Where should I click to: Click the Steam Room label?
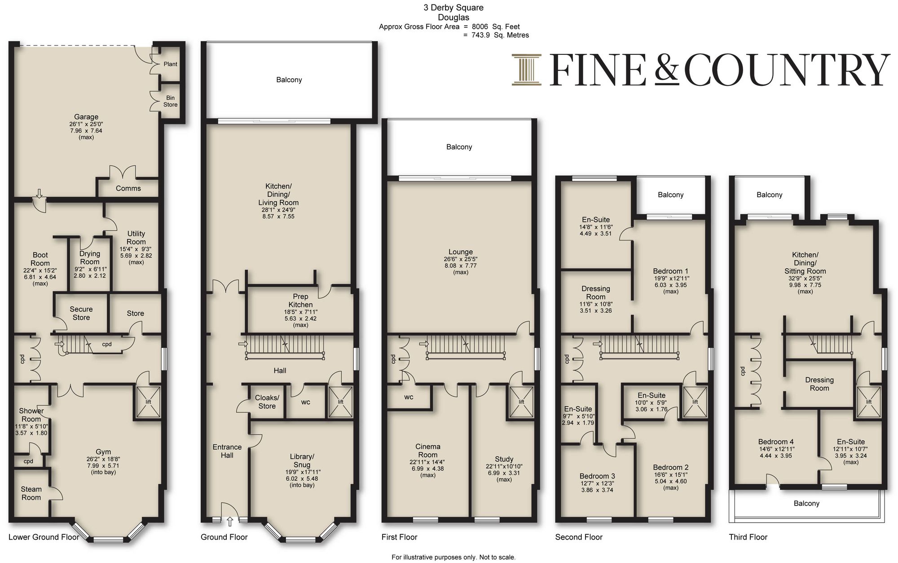(31, 493)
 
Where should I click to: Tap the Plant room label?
(171, 64)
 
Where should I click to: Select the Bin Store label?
(171, 101)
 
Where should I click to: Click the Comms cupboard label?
(128, 188)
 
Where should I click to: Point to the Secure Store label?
(81, 313)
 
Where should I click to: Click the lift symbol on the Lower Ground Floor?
(148, 402)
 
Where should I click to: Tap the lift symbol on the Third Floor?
(869, 402)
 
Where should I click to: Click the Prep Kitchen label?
(300, 301)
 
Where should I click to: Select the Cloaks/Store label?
(267, 402)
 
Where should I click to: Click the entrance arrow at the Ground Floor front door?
(230, 522)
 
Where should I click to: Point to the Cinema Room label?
(428, 451)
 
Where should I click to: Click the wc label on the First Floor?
(409, 397)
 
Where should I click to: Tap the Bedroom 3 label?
(597, 476)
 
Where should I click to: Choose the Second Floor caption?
(579, 537)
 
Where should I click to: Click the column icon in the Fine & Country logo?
(526, 70)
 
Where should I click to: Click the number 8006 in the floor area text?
(480, 27)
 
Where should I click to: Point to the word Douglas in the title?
(453, 18)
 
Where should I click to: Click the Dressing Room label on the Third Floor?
(819, 384)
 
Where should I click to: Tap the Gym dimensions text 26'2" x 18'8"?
(103, 459)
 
